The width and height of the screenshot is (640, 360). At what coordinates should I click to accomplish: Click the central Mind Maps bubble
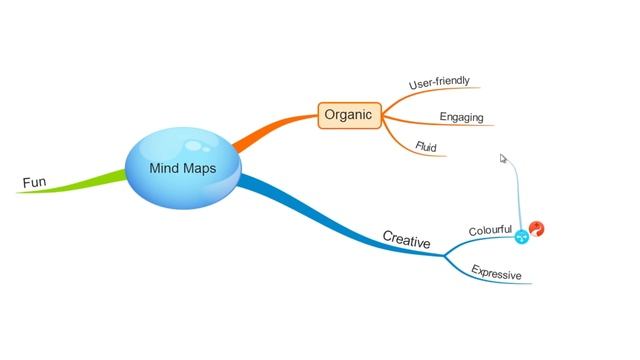182,168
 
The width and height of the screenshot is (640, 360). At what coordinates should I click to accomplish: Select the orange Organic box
347,115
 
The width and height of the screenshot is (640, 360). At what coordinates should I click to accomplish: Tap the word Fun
34,182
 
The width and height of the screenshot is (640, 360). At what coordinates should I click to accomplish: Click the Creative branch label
406,240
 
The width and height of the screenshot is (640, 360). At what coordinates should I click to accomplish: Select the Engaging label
461,117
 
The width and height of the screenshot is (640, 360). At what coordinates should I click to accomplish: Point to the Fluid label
426,147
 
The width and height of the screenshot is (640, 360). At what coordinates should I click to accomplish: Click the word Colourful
490,231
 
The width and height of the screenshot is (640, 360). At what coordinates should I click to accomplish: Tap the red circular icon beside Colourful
537,230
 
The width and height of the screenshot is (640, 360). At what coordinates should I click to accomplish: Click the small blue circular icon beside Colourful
521,237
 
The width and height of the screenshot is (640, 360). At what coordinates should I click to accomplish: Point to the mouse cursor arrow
504,158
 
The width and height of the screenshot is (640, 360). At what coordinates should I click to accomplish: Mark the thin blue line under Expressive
500,282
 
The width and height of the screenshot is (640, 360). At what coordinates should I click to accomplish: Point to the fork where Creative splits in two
445,256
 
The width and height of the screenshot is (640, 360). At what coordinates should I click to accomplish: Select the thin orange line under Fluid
425,155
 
